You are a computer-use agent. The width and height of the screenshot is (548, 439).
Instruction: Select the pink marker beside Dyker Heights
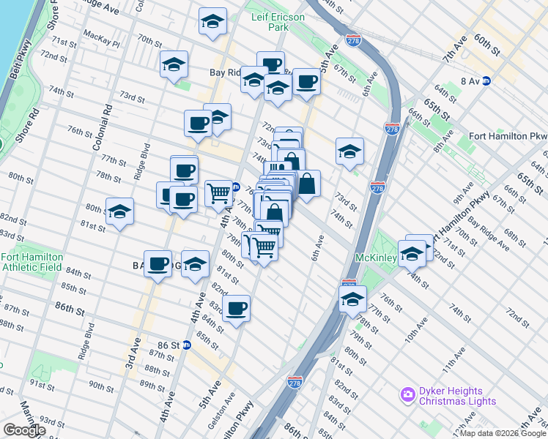pyautogui.click(x=407, y=395)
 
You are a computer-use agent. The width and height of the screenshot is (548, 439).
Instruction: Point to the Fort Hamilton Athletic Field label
pyautogui.click(x=32, y=262)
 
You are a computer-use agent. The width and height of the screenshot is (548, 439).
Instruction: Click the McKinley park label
pyautogui.click(x=376, y=258)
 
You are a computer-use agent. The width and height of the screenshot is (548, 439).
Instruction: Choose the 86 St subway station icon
pyautogui.click(x=186, y=345)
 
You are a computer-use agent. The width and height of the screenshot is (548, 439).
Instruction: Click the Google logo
pyautogui.click(x=24, y=430)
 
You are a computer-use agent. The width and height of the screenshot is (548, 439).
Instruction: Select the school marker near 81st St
pyautogui.click(x=119, y=212)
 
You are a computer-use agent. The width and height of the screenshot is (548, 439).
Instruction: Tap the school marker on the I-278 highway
pyautogui.click(x=352, y=299)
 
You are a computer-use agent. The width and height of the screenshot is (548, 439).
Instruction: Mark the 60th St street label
pyautogui.click(x=486, y=45)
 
